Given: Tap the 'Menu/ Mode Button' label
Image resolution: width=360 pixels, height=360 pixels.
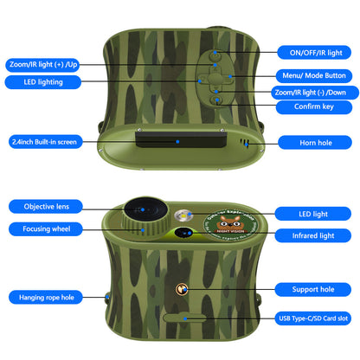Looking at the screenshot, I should tap(312, 75).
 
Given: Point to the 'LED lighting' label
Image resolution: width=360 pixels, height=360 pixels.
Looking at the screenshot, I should tap(38, 81).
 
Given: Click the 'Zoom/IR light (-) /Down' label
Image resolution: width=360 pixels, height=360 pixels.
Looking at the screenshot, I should tap(312, 92).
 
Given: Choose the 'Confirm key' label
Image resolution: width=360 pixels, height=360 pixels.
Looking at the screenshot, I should tap(312, 107).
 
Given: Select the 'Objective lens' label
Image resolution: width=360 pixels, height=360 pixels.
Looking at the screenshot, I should tap(47, 206).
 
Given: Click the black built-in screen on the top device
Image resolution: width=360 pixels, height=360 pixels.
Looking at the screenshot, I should tap(178, 140).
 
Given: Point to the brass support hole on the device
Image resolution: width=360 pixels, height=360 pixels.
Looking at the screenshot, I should tap(183, 289).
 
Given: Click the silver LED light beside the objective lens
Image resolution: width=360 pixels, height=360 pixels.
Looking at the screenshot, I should tap(183, 215).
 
